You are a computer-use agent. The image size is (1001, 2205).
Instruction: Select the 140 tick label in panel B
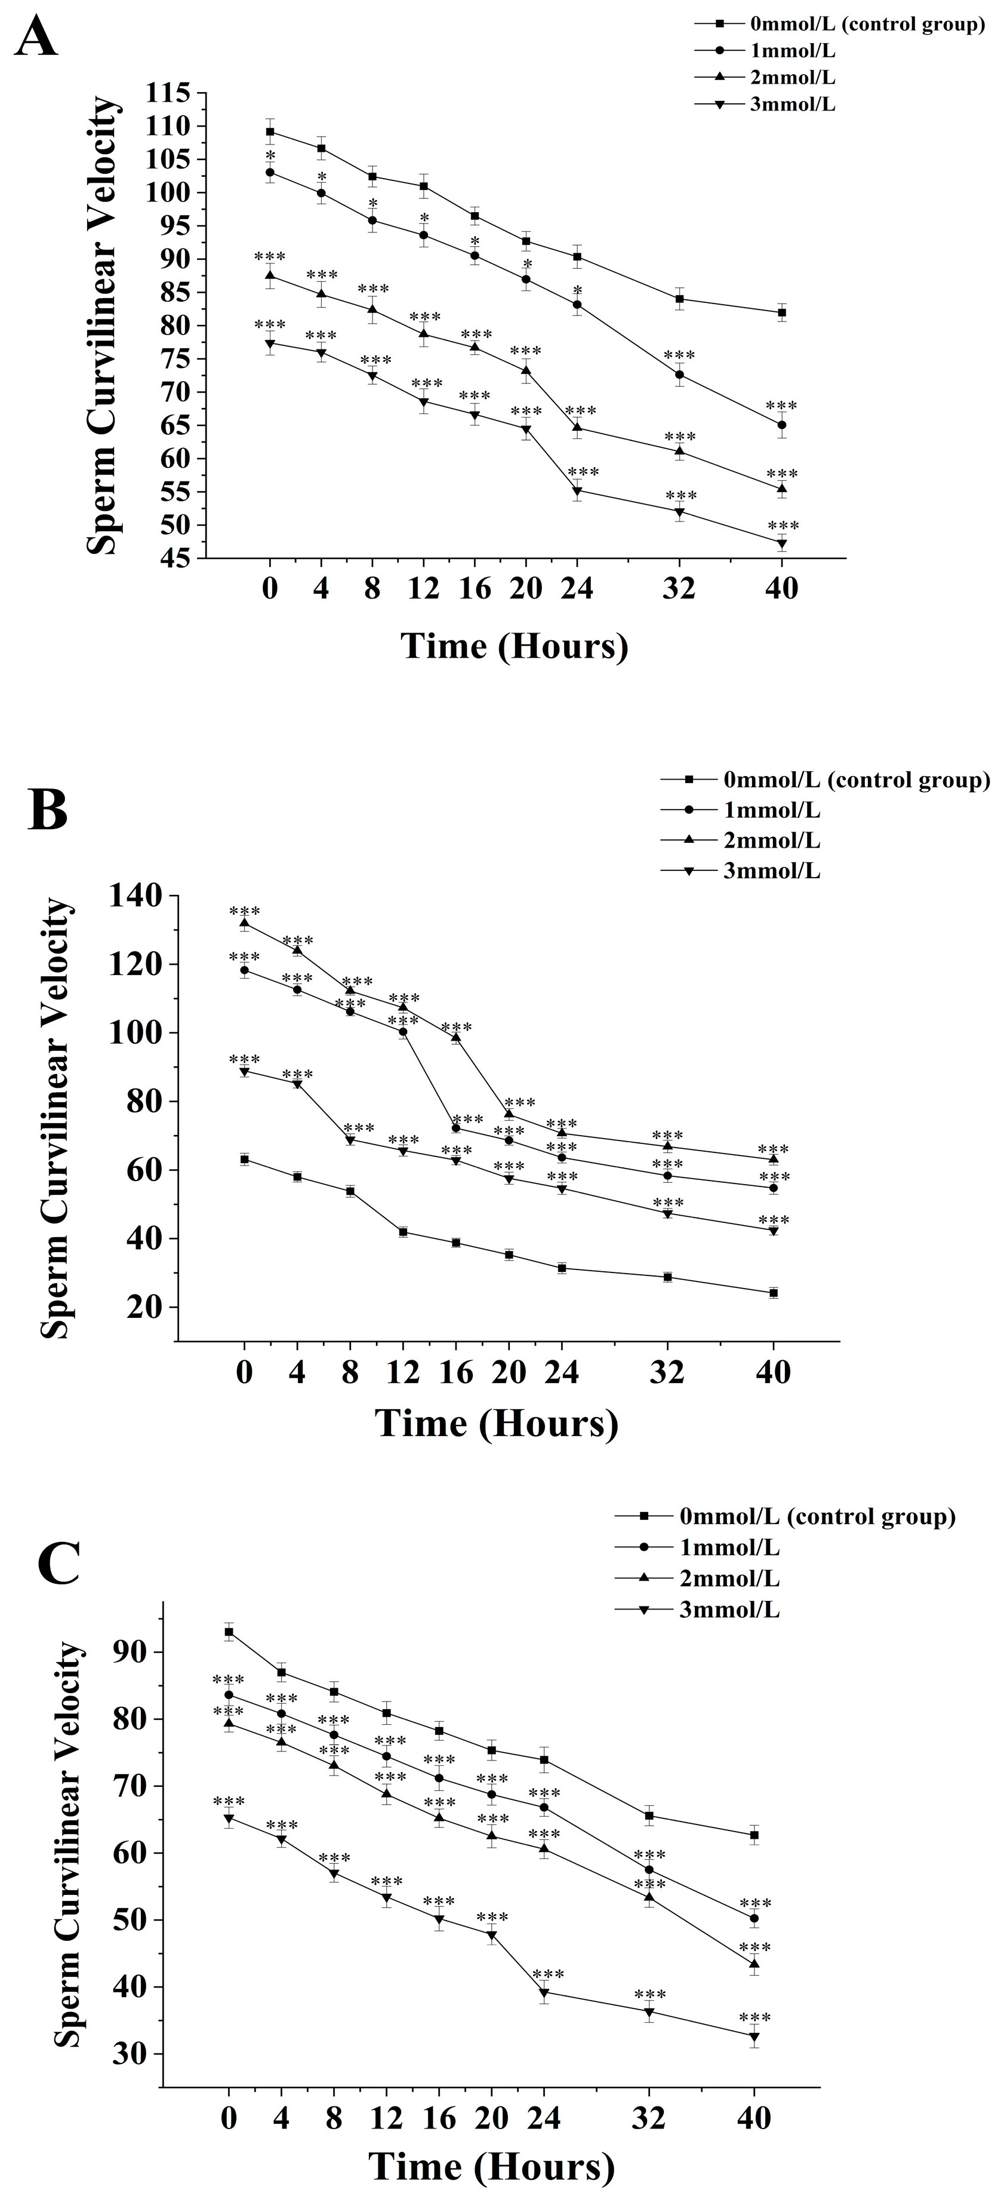coord(134,896)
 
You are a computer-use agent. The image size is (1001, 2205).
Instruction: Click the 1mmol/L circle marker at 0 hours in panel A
coord(270,172)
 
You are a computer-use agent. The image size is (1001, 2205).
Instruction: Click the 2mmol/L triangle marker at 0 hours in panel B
coord(245,923)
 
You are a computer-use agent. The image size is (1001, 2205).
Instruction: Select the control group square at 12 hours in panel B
coord(403,1232)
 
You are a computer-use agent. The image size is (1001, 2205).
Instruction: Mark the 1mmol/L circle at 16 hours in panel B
coord(456,1127)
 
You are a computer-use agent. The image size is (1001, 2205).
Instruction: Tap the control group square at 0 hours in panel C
coord(229,1631)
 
